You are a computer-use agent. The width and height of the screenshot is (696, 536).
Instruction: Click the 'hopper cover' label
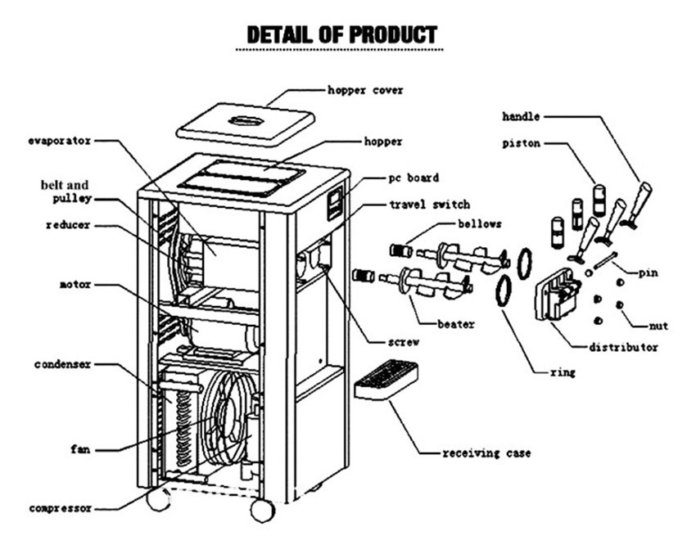click(365, 90)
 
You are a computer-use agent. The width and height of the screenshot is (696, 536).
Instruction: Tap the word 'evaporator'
click(60, 141)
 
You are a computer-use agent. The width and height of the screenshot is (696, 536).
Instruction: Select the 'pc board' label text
click(414, 178)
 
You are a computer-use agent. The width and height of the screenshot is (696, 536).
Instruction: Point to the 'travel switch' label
click(429, 205)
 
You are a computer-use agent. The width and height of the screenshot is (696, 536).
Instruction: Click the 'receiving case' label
click(486, 453)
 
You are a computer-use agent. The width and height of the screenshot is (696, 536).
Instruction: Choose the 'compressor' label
click(61, 508)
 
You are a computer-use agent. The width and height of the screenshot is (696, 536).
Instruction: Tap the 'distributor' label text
click(623, 347)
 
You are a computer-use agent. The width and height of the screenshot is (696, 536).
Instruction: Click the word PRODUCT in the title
click(393, 34)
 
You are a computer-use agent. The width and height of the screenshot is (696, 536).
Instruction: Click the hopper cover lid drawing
click(246, 124)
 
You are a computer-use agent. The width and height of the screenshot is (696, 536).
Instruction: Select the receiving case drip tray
click(386, 380)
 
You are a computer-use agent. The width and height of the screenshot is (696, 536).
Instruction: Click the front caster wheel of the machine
click(262, 511)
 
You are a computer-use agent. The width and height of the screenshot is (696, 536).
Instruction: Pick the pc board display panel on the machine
click(335, 203)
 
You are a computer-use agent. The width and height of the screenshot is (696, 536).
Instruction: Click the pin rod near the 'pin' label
click(604, 259)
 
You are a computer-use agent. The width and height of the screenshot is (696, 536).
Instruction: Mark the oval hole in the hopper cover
click(246, 120)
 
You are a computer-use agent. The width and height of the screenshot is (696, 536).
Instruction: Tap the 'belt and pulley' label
click(66, 191)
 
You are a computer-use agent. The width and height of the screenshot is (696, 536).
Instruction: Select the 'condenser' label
click(62, 365)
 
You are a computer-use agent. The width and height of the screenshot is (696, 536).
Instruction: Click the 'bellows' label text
click(480, 223)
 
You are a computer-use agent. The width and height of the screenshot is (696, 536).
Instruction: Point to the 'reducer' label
click(68, 225)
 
